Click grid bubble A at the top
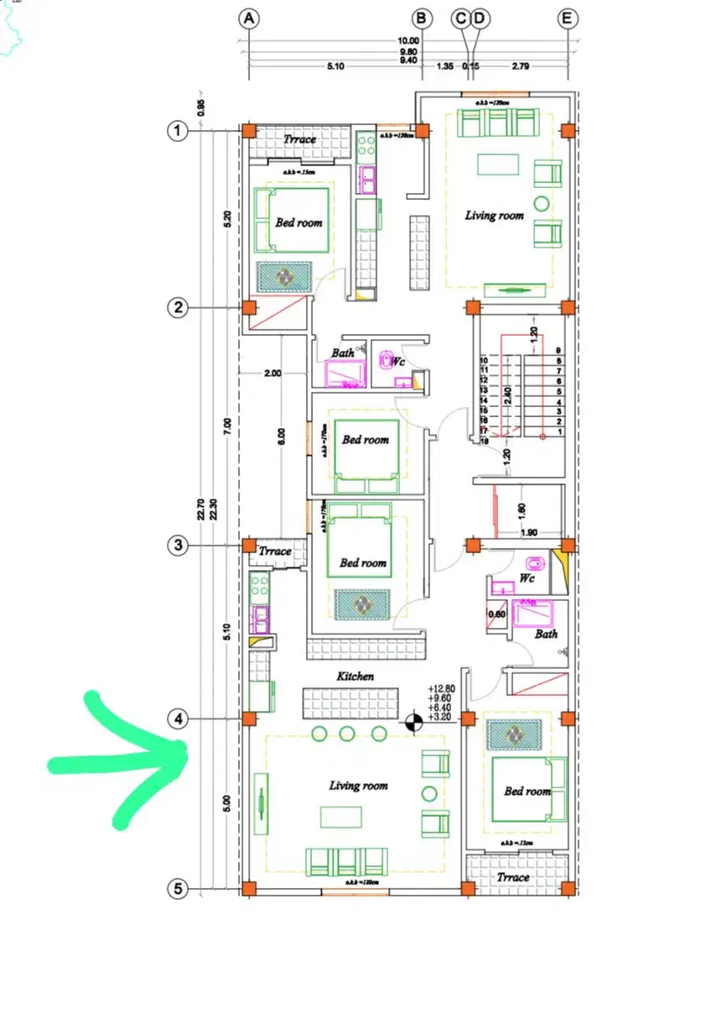pos(248,18)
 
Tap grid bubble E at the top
pos(568,18)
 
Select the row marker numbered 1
pos(177,131)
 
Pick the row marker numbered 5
pos(177,888)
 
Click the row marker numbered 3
pos(177,546)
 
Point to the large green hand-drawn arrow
pos(126,760)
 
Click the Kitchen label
pos(356,676)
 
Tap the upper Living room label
pos(495,216)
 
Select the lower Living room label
pos(358,786)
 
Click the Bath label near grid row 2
pos(342,353)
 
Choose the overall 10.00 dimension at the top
pos(408,40)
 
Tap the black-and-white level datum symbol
pos(413,720)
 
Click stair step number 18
pos(485,440)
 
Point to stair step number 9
pos(558,351)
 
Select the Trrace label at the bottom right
pos(513,877)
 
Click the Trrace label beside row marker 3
pos(275,551)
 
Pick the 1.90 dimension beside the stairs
pos(528,533)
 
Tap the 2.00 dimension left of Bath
pos(272,373)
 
